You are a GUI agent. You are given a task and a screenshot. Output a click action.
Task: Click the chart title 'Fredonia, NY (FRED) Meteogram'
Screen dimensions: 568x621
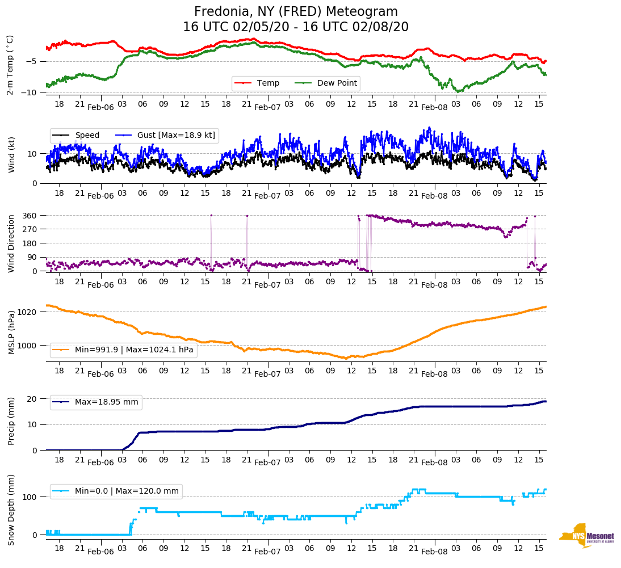tap(296, 12)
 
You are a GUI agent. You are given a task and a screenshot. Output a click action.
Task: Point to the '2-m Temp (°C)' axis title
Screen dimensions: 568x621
tap(10, 65)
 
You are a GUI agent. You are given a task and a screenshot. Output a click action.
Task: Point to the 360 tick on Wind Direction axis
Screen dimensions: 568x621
tap(30, 216)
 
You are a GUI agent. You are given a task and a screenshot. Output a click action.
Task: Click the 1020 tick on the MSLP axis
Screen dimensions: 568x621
tap(28, 312)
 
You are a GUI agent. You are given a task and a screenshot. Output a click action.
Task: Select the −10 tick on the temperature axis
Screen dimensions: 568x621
tap(30, 92)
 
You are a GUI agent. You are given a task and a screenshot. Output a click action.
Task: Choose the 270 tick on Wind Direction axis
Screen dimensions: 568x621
tap(30, 229)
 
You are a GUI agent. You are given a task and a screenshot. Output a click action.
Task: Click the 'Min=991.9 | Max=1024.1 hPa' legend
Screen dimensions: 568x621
tap(134, 350)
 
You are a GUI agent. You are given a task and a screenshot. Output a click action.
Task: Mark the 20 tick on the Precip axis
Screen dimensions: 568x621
tap(33, 399)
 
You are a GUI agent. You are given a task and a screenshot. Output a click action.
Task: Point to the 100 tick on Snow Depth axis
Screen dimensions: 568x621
tap(30, 497)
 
